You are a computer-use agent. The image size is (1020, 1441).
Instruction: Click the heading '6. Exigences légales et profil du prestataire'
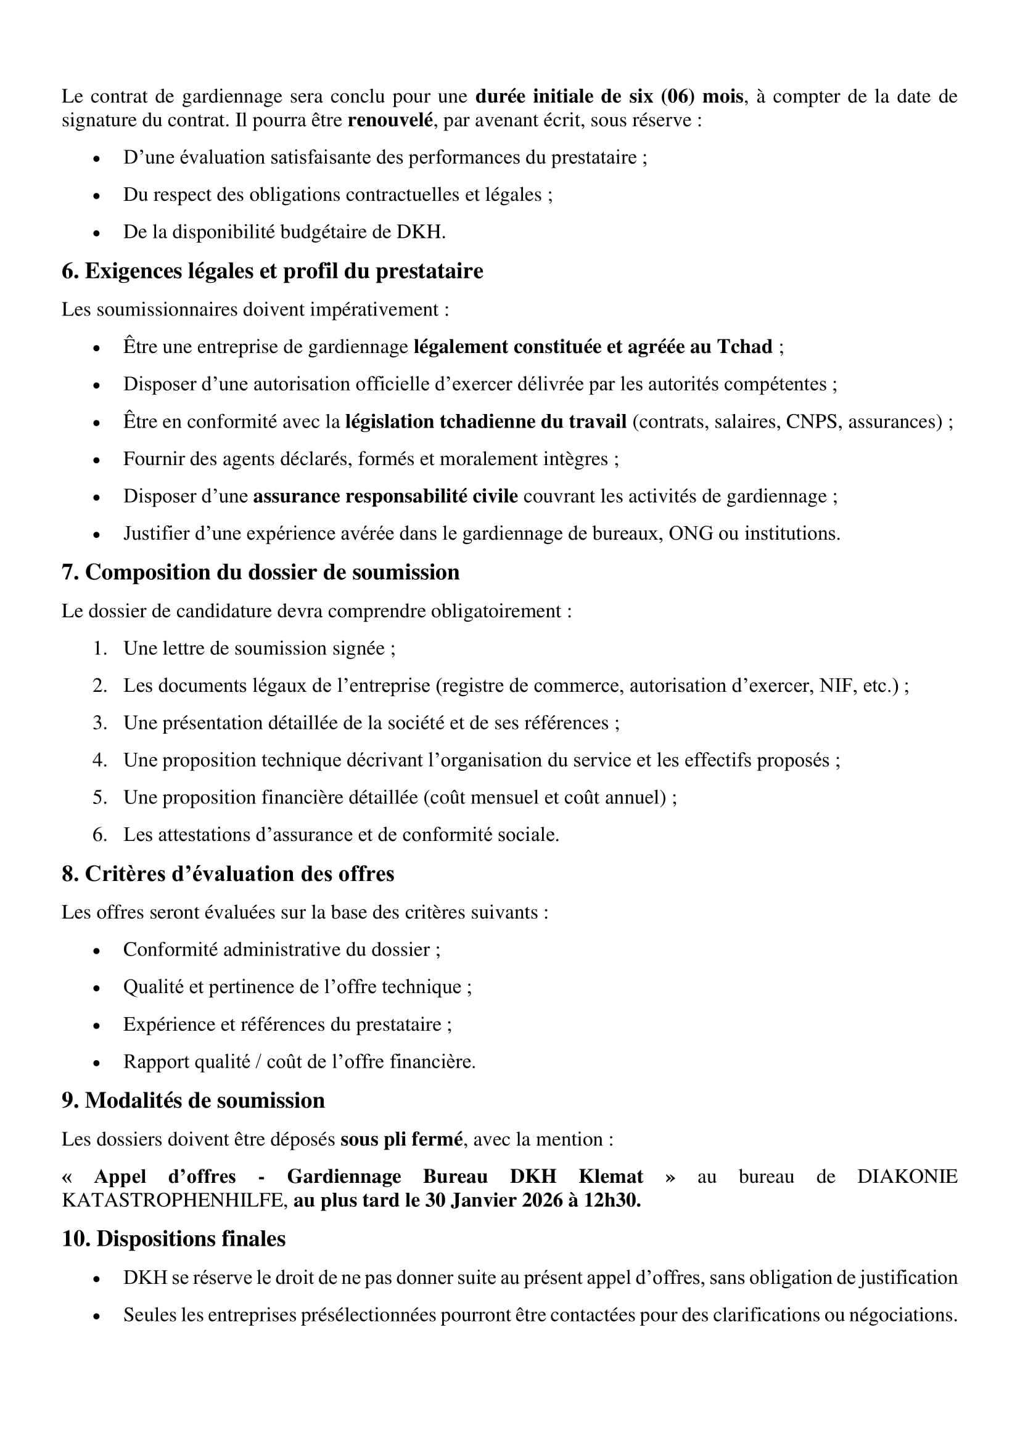(x=272, y=271)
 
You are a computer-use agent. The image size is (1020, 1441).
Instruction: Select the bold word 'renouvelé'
(x=389, y=120)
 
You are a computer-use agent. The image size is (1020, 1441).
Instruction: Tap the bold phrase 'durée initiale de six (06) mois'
(x=609, y=96)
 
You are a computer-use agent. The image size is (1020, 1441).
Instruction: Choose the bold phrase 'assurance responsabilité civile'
(x=385, y=496)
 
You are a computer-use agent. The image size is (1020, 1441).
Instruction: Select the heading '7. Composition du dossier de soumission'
(x=260, y=572)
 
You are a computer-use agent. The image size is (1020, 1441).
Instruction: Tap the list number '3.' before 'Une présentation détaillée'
(x=100, y=723)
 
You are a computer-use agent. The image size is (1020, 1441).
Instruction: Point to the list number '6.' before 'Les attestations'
(x=100, y=834)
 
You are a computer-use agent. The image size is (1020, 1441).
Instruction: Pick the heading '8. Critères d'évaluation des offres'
(x=228, y=874)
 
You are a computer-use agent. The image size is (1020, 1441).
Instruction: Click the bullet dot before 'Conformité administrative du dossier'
(x=96, y=951)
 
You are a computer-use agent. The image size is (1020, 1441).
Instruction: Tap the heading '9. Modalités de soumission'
(x=193, y=1100)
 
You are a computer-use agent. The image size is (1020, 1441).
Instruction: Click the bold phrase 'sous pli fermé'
(x=401, y=1139)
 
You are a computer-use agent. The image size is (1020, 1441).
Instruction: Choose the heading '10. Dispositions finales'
(x=173, y=1239)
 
